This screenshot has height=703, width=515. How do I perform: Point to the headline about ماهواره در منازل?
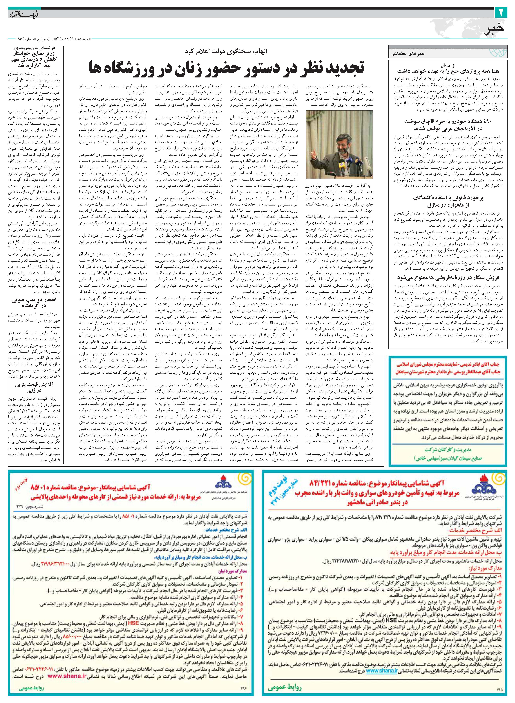[445, 201]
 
